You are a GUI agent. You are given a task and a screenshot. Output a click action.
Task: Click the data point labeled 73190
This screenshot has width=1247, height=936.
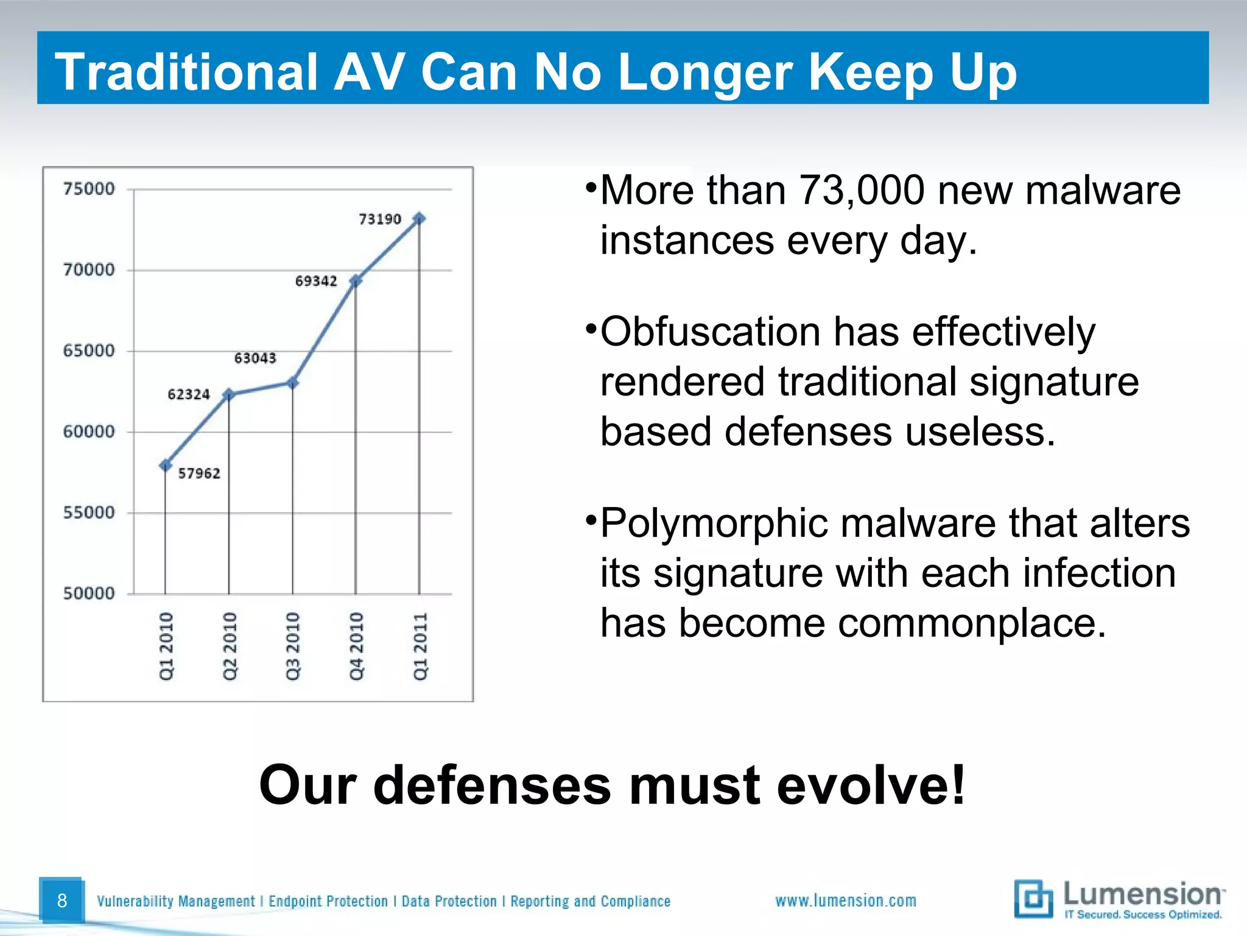(x=419, y=218)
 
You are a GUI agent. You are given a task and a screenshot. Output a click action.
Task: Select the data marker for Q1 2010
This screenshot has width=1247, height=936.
(x=165, y=466)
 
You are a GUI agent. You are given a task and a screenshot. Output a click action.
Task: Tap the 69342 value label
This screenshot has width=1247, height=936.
(x=316, y=281)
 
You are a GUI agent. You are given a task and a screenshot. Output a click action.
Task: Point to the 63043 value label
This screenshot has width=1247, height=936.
(x=255, y=358)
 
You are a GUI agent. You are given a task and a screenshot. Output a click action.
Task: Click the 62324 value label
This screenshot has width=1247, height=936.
(x=189, y=394)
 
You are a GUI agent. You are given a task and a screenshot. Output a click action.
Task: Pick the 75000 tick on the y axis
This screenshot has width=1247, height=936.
(x=89, y=189)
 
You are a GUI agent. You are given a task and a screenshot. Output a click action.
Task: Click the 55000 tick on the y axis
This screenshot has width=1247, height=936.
(x=89, y=512)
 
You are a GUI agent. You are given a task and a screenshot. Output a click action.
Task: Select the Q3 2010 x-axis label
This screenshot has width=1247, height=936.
(x=293, y=646)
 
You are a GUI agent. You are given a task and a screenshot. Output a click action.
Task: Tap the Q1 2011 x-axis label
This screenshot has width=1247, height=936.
(x=420, y=646)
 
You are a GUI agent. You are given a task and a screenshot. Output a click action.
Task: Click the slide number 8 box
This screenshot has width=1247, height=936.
(x=61, y=900)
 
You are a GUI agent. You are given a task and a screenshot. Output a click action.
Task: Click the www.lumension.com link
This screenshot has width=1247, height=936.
(x=845, y=901)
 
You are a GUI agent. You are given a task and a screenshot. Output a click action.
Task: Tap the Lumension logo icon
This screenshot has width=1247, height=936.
(x=1033, y=899)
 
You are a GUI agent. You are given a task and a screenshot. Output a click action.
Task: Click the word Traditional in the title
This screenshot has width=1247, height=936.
(x=186, y=72)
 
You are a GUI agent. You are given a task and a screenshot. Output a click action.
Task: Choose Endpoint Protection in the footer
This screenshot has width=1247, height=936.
(x=328, y=901)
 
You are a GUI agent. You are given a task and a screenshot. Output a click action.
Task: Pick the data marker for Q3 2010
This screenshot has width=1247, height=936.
(x=293, y=383)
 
